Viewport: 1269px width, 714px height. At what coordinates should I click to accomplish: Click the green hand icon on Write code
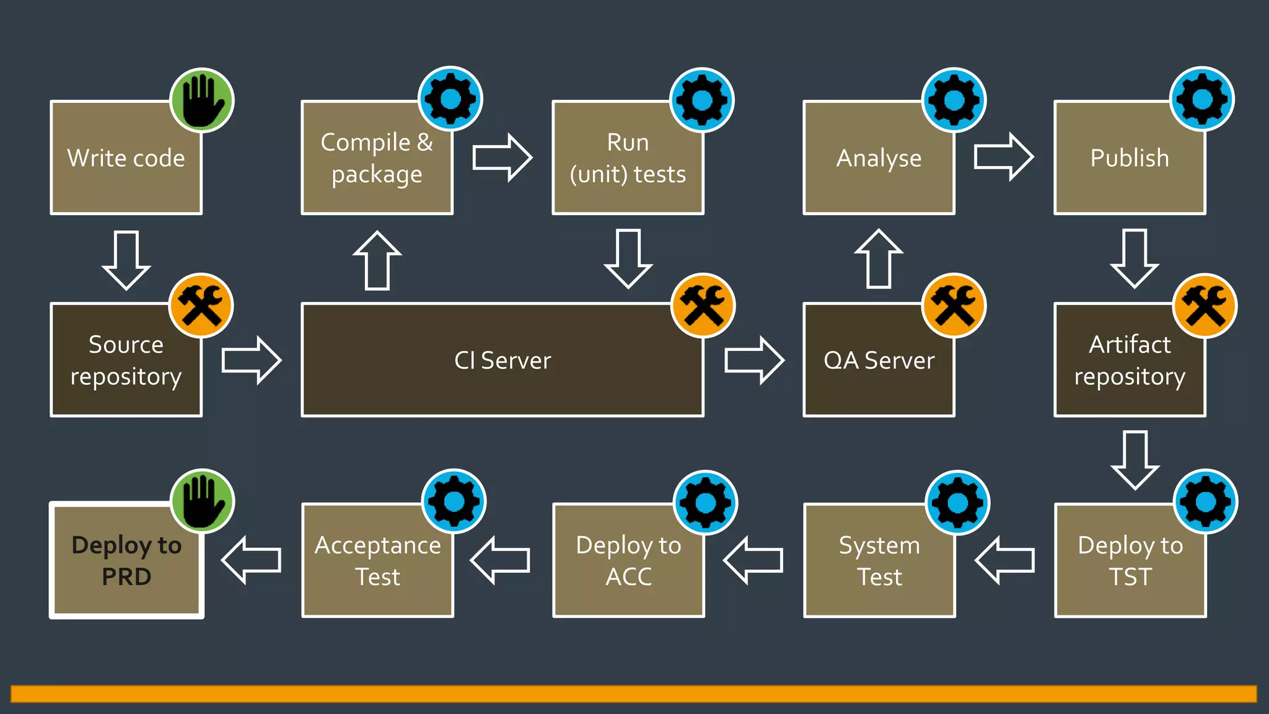click(x=202, y=100)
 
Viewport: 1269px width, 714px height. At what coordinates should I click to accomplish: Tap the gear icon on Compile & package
click(x=450, y=99)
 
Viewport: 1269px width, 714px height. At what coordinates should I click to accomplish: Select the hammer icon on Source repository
click(x=201, y=306)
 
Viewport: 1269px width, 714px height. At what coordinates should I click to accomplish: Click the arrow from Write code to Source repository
click(x=126, y=260)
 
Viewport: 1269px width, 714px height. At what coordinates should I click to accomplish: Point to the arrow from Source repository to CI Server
click(x=252, y=360)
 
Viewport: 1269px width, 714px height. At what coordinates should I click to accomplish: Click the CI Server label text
click(x=503, y=361)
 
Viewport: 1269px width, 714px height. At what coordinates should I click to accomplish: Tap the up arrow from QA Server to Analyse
click(x=879, y=259)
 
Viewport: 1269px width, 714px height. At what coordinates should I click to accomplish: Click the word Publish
click(x=1130, y=158)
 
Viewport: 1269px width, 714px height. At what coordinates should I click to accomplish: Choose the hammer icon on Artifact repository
click(x=1205, y=306)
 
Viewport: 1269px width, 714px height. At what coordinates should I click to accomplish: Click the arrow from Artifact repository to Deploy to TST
click(x=1135, y=460)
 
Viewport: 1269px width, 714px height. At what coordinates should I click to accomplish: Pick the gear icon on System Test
click(x=957, y=502)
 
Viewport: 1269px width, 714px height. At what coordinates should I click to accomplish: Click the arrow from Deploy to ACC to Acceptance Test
click(x=501, y=560)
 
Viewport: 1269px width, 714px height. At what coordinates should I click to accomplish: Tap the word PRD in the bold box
click(x=126, y=577)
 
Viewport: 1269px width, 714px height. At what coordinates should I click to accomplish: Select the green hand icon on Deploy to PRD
click(x=202, y=501)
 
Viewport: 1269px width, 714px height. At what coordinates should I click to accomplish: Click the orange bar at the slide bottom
click(x=633, y=694)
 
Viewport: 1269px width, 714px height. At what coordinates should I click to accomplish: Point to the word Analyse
click(x=879, y=159)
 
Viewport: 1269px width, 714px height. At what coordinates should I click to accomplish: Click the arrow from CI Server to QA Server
click(x=754, y=360)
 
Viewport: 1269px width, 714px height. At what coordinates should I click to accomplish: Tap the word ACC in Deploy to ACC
click(x=628, y=577)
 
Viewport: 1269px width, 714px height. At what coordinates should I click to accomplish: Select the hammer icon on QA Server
click(x=954, y=306)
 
